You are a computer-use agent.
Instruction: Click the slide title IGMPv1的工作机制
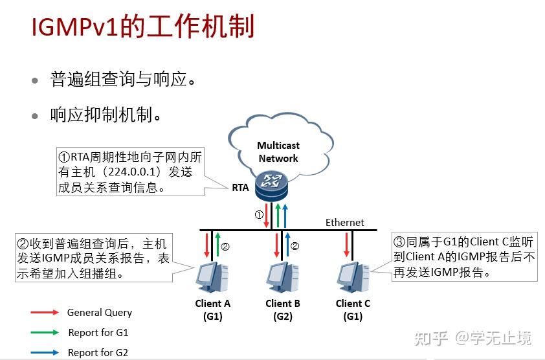[143, 27]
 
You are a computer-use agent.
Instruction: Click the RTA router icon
[270, 185]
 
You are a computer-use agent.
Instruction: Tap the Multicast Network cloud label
[278, 152]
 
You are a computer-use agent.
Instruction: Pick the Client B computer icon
[283, 276]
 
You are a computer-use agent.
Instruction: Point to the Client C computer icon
[353, 276]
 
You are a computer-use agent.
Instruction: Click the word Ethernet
[344, 222]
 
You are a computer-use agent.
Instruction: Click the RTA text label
[240, 188]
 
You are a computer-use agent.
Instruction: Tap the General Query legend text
[100, 313]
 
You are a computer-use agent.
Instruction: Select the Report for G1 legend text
[98, 333]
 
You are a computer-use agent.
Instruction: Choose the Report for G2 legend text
[98, 353]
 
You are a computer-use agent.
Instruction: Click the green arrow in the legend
[45, 333]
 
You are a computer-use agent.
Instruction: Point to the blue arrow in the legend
[45, 353]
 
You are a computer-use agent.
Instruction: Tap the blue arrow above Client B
[288, 245]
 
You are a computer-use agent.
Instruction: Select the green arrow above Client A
[217, 245]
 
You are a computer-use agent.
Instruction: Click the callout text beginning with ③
[464, 257]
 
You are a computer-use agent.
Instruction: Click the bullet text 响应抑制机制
[106, 115]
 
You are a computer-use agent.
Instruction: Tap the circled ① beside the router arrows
[258, 214]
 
